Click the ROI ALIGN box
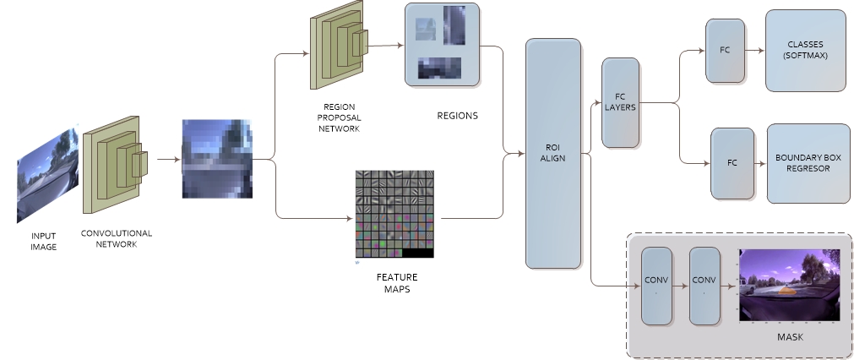coord(553,153)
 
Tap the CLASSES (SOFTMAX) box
coord(805,51)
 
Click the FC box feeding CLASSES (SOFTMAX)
coord(725,50)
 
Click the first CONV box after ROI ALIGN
coord(656,286)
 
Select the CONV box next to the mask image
coord(704,286)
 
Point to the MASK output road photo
coord(789,285)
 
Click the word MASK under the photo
coord(789,337)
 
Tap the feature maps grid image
coord(394,214)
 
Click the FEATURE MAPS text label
coord(396,283)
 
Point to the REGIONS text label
coord(457,116)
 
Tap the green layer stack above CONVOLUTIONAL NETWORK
coord(115,164)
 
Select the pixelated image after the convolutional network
coord(217,159)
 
